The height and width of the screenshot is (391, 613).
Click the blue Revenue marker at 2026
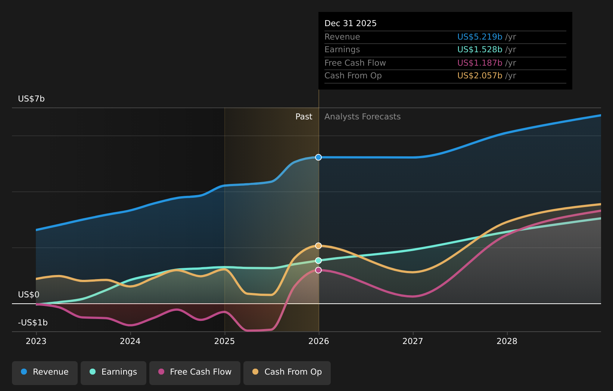tap(318, 157)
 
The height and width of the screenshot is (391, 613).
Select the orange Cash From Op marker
tap(318, 246)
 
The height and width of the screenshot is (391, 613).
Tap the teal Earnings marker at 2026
tap(318, 260)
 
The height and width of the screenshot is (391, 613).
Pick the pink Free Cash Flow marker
tap(318, 270)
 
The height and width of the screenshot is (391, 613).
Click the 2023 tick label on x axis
tap(36, 341)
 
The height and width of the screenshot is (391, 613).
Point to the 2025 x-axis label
tap(224, 341)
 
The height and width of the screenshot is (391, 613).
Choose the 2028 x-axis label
tap(507, 341)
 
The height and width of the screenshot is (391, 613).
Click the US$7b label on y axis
tap(31, 99)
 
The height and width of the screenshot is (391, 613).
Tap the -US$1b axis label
tap(33, 323)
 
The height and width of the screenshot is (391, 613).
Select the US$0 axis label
tap(29, 295)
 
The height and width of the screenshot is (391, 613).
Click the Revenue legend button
tap(45, 372)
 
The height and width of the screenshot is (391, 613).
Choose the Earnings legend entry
tap(113, 372)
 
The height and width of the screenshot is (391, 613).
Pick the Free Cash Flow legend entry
tap(195, 372)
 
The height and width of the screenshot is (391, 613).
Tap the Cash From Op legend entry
tap(287, 372)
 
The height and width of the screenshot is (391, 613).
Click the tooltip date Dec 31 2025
tap(351, 24)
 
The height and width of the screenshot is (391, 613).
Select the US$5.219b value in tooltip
tap(480, 37)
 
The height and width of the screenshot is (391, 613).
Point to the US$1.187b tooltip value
tap(480, 63)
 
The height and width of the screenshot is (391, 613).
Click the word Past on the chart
tap(304, 117)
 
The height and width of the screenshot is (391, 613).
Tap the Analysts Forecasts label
tap(362, 117)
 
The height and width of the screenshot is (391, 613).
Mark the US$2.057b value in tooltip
tap(480, 76)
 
